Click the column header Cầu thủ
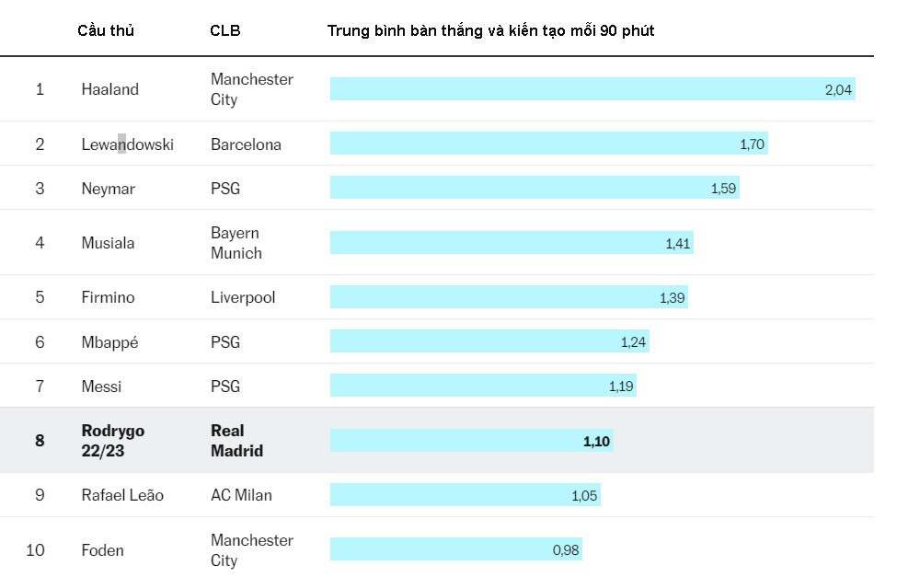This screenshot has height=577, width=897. click(x=106, y=30)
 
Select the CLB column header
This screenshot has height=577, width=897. click(x=225, y=30)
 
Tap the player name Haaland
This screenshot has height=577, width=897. click(x=109, y=89)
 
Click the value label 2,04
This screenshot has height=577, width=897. click(x=838, y=89)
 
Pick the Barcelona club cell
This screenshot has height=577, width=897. click(x=246, y=144)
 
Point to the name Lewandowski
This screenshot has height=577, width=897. click(x=127, y=144)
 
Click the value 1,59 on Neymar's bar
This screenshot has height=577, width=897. click(x=724, y=189)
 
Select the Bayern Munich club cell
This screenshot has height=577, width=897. click(x=236, y=243)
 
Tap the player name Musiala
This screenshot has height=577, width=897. click(x=108, y=243)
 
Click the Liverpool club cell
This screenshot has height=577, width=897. click(x=243, y=297)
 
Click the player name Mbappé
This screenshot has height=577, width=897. click(x=109, y=342)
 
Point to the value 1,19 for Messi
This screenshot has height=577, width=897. click(x=621, y=387)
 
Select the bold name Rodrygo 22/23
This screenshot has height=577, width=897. click(x=113, y=441)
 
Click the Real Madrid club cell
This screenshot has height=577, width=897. click(x=236, y=441)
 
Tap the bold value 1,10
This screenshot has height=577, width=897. click(x=596, y=441)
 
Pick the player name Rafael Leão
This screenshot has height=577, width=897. click(x=122, y=495)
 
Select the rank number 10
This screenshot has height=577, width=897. click(x=35, y=550)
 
